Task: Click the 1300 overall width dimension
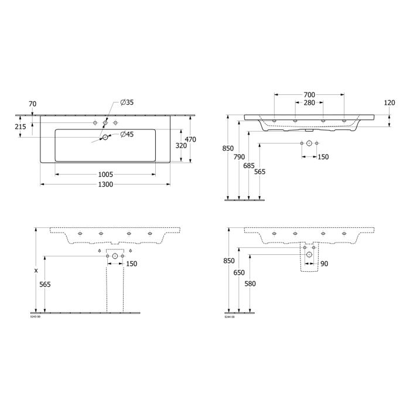pos(105,184)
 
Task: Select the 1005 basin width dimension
pos(105,174)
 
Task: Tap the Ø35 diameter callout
pos(127,102)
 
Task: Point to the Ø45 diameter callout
pos(127,135)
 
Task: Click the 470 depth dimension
pos(190,139)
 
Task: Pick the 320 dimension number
pos(182,145)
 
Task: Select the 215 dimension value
pos(20,127)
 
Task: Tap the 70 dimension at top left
pos(32,104)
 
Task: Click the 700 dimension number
pos(309,95)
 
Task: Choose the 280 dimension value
pos(309,103)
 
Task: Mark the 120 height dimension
pos(389,102)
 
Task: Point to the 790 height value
pos(239,157)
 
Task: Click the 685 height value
pos(250,166)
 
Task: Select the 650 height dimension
pos(239,273)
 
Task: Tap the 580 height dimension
pos(251,284)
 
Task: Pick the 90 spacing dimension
pos(324,264)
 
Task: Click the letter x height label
pos(36,271)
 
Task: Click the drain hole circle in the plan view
pos(105,138)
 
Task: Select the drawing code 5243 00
pos(36,317)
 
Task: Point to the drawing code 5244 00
pos(230,317)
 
